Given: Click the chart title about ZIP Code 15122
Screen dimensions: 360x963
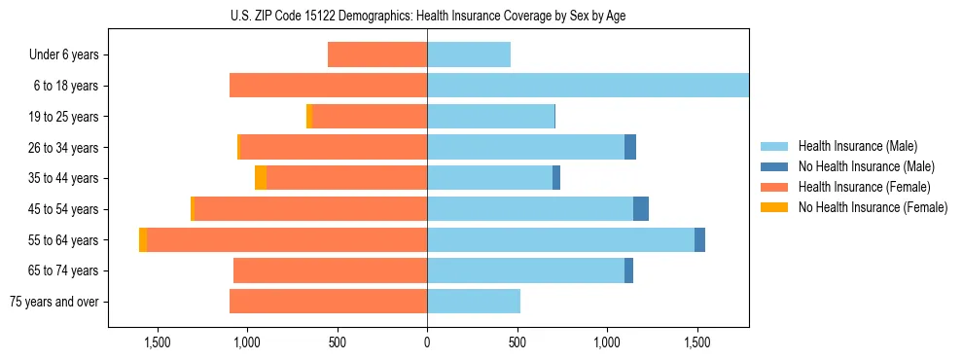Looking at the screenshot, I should [427, 17].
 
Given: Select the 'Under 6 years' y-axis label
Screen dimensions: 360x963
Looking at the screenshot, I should [64, 54].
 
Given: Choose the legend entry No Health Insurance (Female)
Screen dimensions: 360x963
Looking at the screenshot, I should [873, 207].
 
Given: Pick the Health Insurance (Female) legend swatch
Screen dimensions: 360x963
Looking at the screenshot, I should [774, 187].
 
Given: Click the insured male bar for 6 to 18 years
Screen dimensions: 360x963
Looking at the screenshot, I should [588, 86].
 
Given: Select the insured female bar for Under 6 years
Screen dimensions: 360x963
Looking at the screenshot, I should [377, 54].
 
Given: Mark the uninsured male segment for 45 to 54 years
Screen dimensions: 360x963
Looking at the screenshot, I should [641, 209].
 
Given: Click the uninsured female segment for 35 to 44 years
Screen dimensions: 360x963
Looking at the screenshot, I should [261, 178].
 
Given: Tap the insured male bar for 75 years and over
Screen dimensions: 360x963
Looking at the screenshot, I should [474, 302].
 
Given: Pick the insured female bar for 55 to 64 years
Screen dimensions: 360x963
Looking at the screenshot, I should [287, 240].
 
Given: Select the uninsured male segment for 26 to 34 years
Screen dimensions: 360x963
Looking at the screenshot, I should [630, 147].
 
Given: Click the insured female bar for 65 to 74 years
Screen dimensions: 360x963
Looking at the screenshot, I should [331, 270].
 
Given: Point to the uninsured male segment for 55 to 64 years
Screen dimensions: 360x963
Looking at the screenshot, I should [699, 240].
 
